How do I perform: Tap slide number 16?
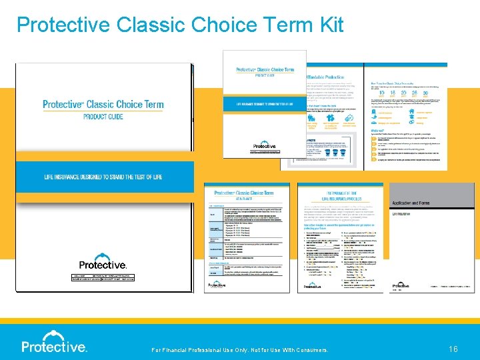[x=453, y=348]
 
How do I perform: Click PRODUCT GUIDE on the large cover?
[x=103, y=117]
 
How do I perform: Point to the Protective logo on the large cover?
[x=103, y=261]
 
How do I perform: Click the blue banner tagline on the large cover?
[x=103, y=177]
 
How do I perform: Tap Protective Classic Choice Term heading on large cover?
[x=103, y=105]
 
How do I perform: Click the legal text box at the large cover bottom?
[x=103, y=278]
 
